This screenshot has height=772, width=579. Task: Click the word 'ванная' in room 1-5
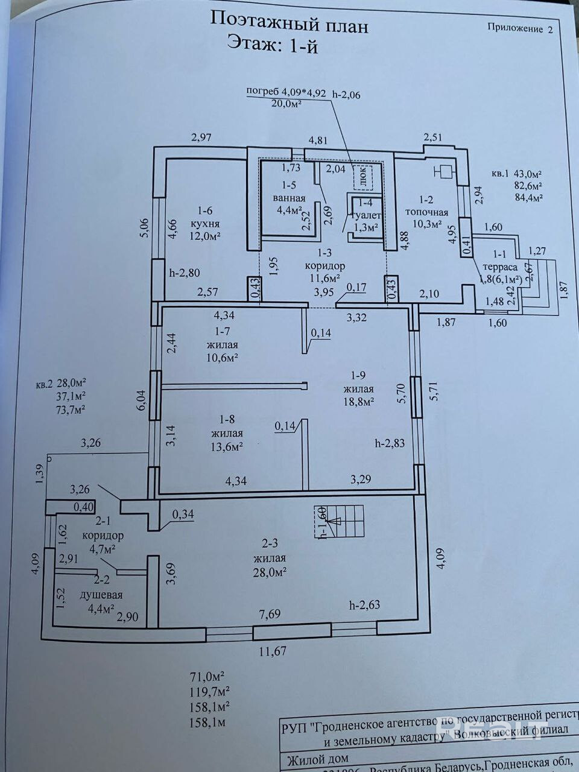(289, 198)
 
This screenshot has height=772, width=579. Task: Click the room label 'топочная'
(426, 212)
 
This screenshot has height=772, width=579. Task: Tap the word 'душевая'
(101, 595)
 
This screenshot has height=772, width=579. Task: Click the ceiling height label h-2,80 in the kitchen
(184, 273)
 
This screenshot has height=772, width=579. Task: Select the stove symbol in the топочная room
(445, 172)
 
